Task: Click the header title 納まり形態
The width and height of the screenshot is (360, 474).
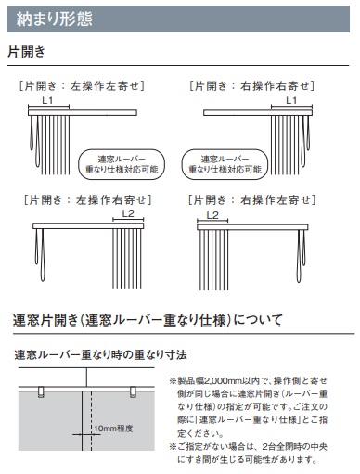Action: tap(55, 19)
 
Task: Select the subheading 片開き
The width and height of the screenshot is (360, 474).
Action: tap(26, 51)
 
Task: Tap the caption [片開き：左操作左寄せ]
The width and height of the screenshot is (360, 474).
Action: tap(82, 85)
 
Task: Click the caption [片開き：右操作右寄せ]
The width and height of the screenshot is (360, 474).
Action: tap(251, 85)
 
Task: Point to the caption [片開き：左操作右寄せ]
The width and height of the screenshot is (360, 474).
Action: tap(88, 199)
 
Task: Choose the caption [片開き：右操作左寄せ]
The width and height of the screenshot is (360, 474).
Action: tap(251, 199)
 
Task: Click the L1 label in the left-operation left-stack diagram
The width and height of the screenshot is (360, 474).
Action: tap(47, 100)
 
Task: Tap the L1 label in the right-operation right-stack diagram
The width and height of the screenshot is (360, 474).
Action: tap(291, 100)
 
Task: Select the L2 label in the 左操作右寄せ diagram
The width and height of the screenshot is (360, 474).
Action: tap(128, 213)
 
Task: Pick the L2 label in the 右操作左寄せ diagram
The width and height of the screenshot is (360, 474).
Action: tap(212, 215)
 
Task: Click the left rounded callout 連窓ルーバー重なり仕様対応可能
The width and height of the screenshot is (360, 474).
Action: tap(122, 164)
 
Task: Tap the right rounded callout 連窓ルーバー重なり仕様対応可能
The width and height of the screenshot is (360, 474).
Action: tap(225, 164)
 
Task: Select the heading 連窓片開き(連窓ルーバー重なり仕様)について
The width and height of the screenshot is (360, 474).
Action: tap(148, 320)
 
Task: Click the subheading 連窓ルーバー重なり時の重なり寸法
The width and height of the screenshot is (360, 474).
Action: tap(100, 354)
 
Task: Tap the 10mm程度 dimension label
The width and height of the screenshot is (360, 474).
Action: tap(113, 429)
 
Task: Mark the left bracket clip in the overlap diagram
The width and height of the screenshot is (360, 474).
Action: tap(41, 391)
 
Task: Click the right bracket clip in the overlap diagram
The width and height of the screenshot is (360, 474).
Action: tap(133, 391)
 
